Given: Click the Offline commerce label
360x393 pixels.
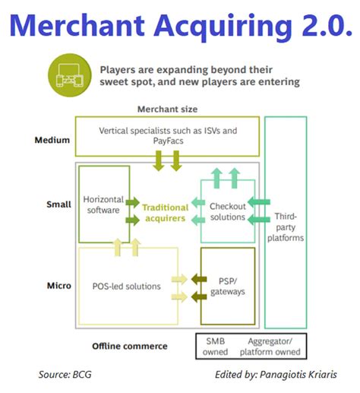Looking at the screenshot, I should click(x=129, y=346).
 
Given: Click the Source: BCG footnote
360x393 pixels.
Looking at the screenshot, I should click(x=65, y=375).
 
